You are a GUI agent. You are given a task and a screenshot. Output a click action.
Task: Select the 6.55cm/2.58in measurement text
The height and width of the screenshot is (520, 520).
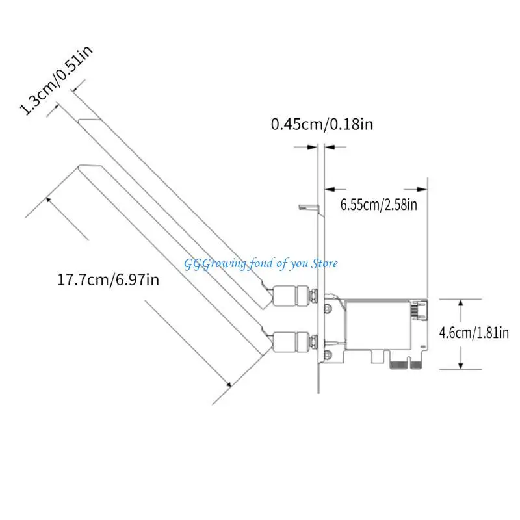[380, 205]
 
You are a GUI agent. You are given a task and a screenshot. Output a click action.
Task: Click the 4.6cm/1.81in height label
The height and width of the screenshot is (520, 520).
[473, 333]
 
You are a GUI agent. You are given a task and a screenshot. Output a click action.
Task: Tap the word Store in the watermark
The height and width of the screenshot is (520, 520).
[322, 263]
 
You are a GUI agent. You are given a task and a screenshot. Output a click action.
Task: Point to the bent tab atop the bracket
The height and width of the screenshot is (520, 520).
[307, 208]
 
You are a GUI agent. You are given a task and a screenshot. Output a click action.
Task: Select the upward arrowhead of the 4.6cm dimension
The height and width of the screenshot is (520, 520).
[460, 302]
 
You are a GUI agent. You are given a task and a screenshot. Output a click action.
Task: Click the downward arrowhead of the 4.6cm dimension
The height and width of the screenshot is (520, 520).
[460, 366]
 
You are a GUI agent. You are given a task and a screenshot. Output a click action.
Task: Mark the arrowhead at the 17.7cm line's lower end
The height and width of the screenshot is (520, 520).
[229, 385]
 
